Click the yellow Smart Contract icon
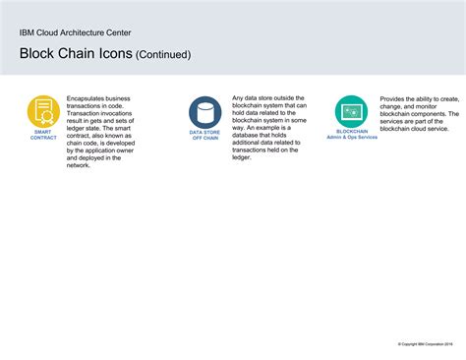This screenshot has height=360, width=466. tap(43, 110)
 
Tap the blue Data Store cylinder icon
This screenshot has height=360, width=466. tap(204, 111)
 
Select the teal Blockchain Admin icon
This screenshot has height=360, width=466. tap(352, 111)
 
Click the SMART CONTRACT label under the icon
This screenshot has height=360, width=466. tap(43, 135)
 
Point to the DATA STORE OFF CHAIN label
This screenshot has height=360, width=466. tap(204, 135)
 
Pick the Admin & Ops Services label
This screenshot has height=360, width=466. tap(352, 137)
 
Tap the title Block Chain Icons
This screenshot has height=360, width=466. tap(75, 54)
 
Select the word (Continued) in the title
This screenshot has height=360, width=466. tap(163, 55)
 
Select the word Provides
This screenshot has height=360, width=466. tap(395, 99)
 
